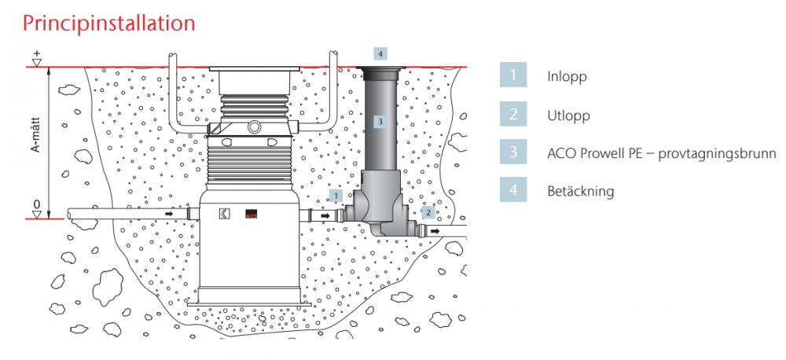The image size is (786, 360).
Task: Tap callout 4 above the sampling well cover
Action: (380, 54)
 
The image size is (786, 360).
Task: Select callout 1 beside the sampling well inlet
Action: (336, 193)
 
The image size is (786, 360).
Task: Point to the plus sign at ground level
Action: (36, 54)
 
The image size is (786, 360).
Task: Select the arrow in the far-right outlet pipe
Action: (454, 233)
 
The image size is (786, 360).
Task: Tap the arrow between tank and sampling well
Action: (324, 214)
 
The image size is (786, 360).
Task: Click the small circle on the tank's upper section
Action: (255, 126)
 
